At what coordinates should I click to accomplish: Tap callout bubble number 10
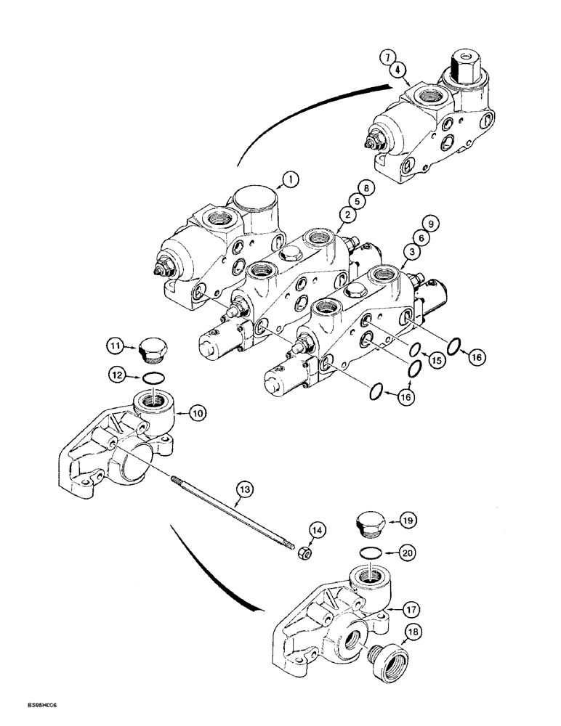coord(197,413)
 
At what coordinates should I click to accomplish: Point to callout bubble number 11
coord(116,347)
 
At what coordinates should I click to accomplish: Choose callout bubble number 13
coord(245,492)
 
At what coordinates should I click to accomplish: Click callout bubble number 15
coord(435,359)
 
